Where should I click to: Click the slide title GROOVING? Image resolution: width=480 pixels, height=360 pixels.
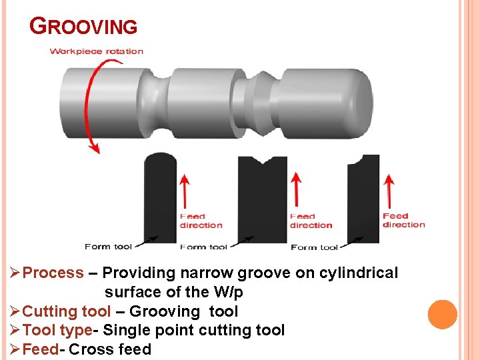[84, 27]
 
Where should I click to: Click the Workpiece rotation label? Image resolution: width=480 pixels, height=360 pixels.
[97, 51]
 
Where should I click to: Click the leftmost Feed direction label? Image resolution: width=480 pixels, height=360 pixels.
[201, 221]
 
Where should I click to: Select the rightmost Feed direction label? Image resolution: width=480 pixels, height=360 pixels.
[403, 220]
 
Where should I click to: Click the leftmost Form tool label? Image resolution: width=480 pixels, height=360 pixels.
[108, 247]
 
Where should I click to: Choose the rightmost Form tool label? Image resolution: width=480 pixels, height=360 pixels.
[314, 247]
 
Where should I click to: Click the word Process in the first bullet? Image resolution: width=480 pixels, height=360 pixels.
[53, 273]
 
